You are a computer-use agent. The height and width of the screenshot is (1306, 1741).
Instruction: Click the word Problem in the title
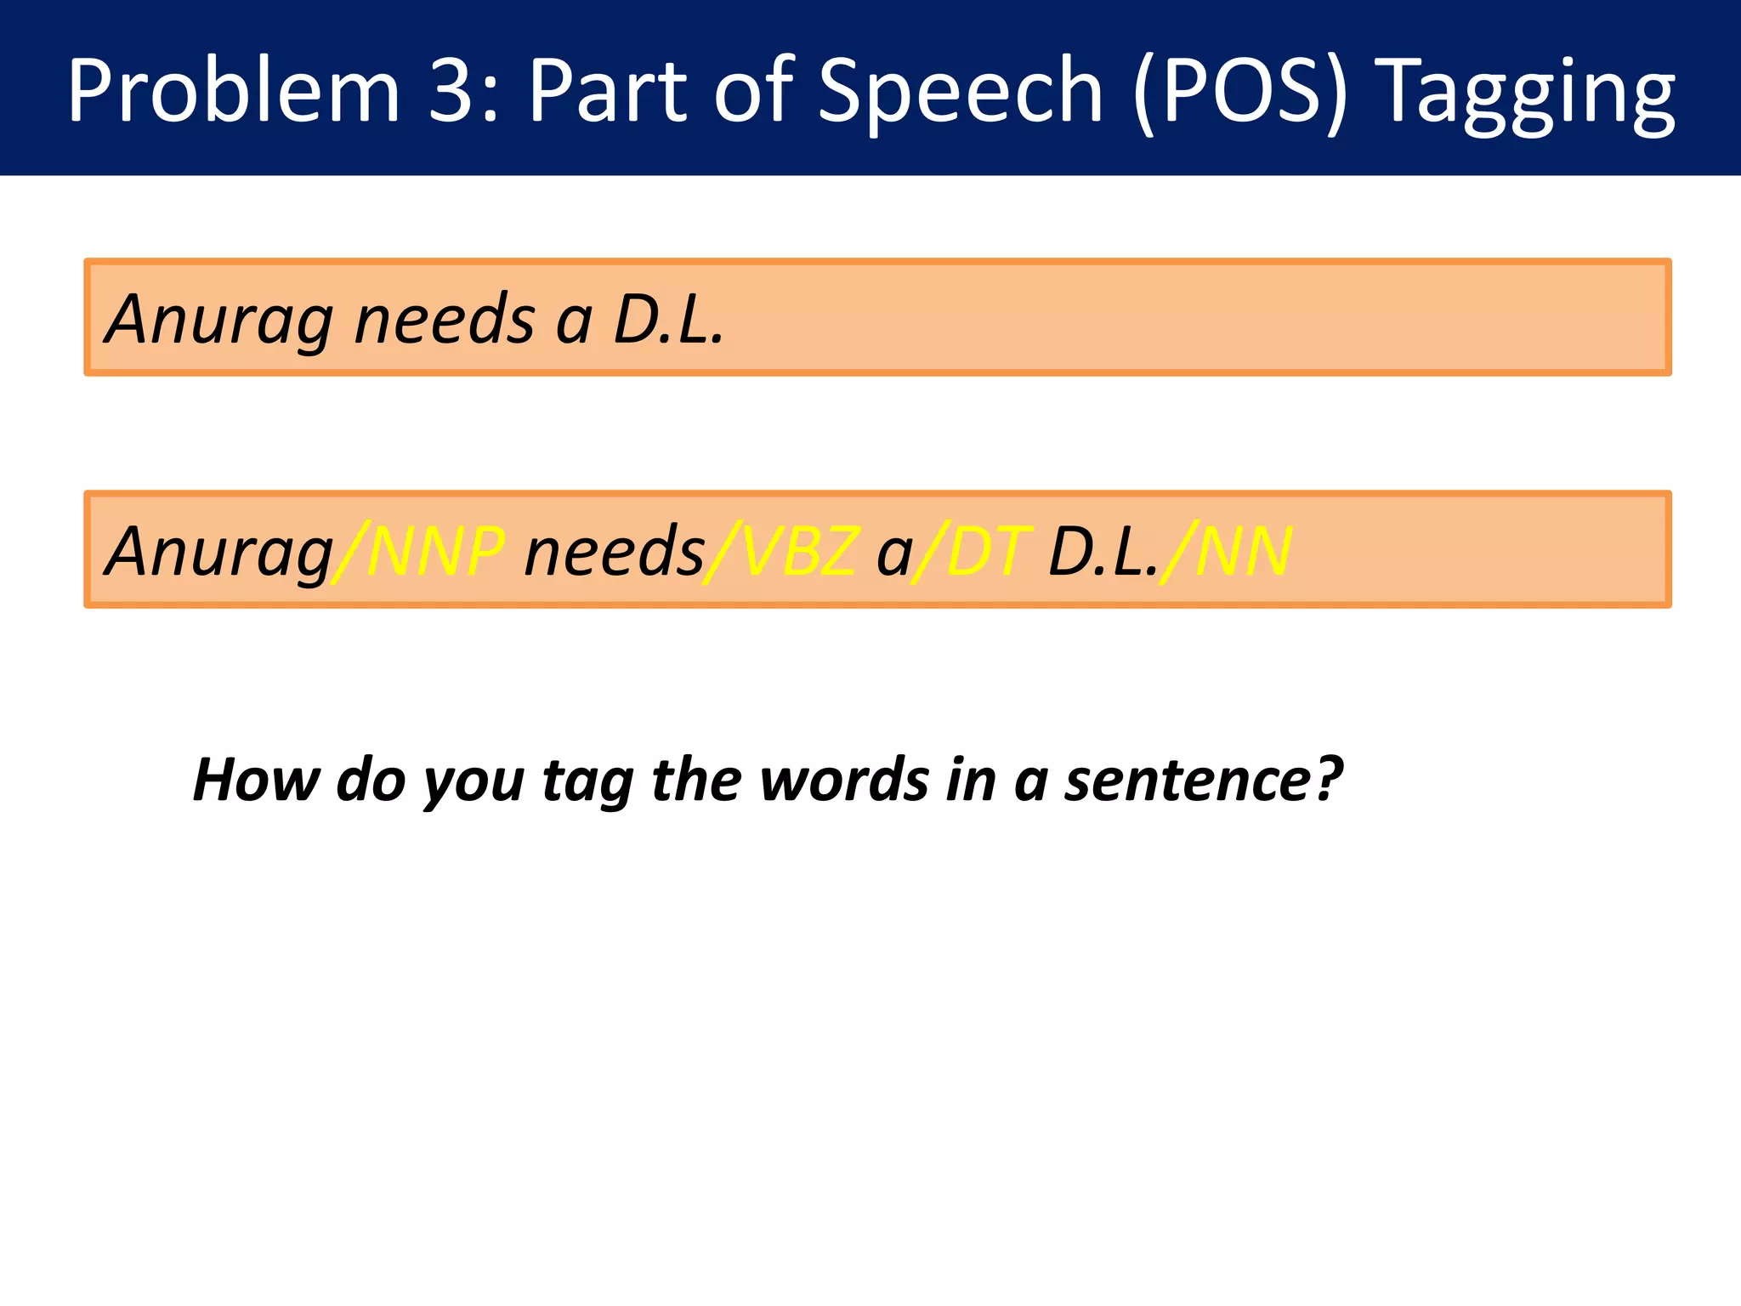[x=234, y=90]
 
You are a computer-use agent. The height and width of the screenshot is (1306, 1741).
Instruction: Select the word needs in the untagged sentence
[x=445, y=320]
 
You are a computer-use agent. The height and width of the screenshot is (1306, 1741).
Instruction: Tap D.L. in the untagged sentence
[x=668, y=320]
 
